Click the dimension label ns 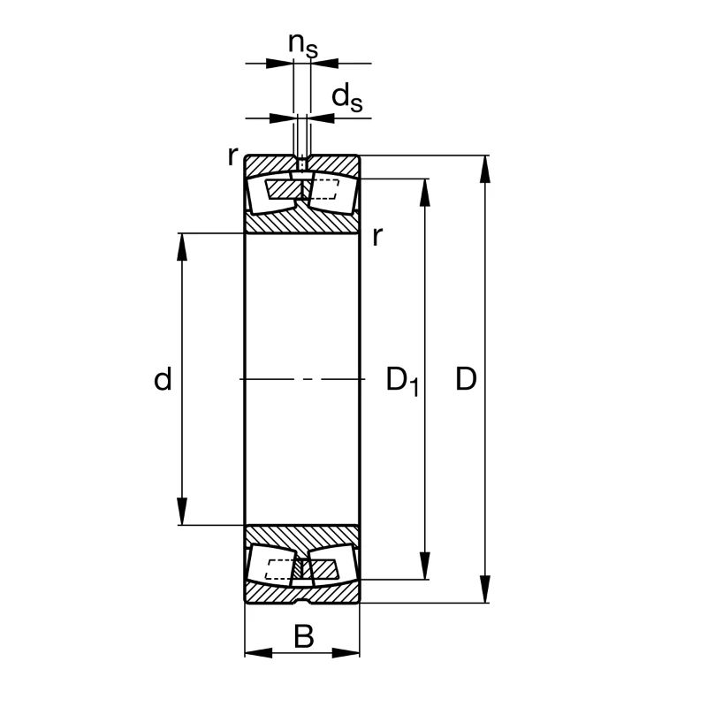[x=303, y=45]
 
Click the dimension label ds [x=346, y=98]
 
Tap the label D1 [x=403, y=382]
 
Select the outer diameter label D [x=467, y=379]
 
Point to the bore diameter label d [x=163, y=379]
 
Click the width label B [x=303, y=636]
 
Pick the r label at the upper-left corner [x=232, y=156]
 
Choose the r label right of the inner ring [x=378, y=236]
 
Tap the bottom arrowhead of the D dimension [x=485, y=589]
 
